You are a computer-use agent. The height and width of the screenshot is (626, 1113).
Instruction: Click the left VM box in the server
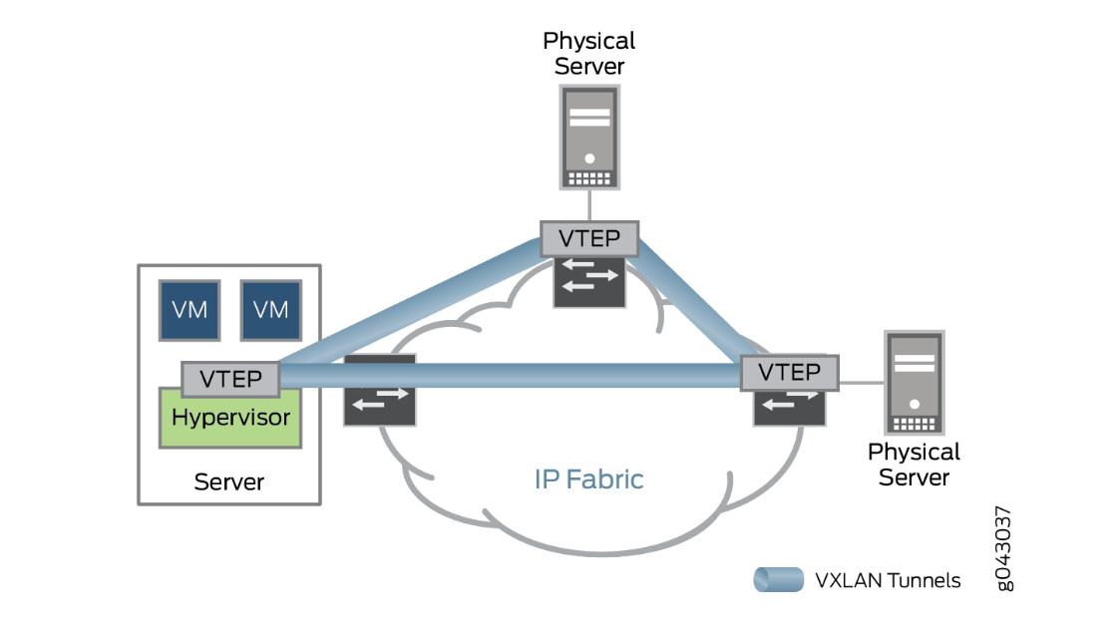tap(189, 310)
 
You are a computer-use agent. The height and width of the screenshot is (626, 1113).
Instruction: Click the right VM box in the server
tap(270, 310)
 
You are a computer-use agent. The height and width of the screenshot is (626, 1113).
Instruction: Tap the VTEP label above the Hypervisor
tap(230, 379)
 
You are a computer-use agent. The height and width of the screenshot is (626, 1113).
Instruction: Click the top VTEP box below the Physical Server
tap(588, 239)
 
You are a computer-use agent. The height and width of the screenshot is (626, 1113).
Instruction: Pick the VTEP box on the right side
tap(789, 372)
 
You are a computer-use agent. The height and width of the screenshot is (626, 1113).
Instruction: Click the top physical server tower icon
tap(589, 138)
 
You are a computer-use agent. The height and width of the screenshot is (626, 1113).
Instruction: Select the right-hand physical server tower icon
tap(914, 383)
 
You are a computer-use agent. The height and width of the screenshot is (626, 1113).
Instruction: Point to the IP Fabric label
tap(588, 479)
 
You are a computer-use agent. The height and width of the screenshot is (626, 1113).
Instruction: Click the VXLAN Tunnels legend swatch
tap(778, 580)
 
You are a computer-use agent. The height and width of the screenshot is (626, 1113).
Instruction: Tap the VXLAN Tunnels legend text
tap(888, 580)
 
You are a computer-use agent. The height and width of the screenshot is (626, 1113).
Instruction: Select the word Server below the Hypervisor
tap(229, 482)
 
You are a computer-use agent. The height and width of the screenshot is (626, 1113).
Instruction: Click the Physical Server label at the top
tap(588, 54)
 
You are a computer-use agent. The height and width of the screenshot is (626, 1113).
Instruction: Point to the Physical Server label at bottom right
tap(914, 465)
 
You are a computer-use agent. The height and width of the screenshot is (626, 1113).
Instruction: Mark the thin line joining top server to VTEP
tap(589, 205)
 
